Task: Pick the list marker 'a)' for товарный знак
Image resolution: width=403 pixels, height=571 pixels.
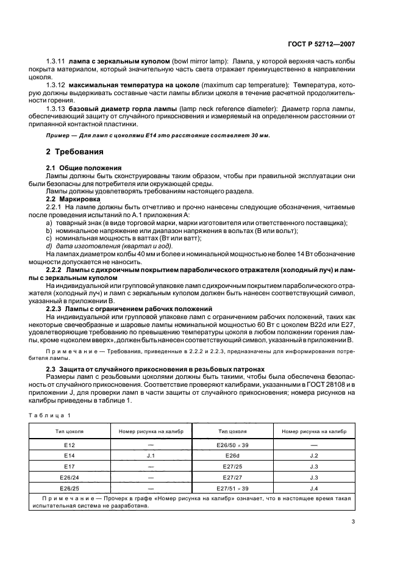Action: pyautogui.click(x=49, y=223)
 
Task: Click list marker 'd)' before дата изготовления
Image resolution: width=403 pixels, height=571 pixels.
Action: pyautogui.click(x=49, y=245)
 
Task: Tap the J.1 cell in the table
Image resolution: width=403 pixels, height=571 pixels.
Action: pyautogui.click(x=151, y=454)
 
